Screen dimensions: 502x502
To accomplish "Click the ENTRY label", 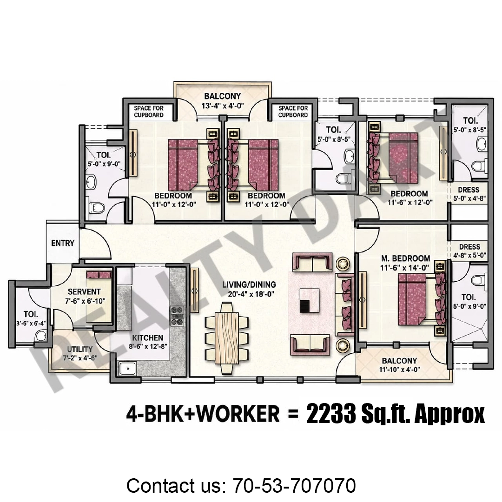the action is [x=63, y=243].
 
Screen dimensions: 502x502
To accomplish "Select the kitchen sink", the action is [x=127, y=369].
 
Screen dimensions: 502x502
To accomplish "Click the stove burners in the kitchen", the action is [x=177, y=316].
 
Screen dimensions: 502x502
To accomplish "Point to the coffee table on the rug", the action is [x=310, y=300].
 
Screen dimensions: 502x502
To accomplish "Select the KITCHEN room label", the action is [x=148, y=338].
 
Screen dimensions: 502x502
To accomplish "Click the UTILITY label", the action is [x=80, y=349].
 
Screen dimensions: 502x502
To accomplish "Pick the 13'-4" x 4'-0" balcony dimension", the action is [x=223, y=106].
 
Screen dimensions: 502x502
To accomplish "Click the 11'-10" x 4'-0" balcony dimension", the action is [x=400, y=370].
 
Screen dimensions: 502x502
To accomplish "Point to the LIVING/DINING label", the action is [x=249, y=284].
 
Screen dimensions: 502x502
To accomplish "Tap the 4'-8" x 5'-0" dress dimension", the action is [x=469, y=256].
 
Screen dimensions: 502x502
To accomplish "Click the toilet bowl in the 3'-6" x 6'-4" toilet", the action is [x=40, y=337].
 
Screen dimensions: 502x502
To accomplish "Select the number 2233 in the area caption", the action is [x=331, y=414].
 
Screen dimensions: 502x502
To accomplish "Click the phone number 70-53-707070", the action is [x=295, y=485].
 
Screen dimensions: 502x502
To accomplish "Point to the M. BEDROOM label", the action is [x=406, y=258].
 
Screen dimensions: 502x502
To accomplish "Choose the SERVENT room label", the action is [x=84, y=291].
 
